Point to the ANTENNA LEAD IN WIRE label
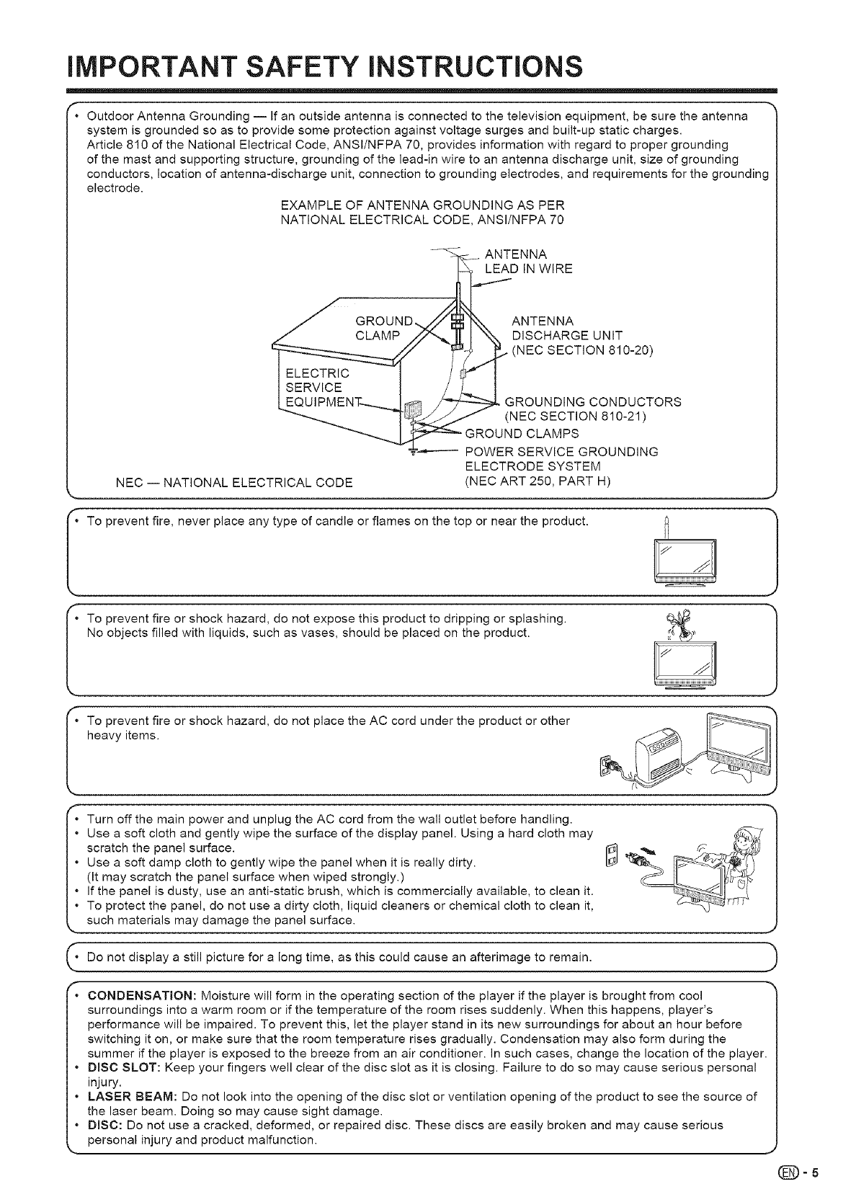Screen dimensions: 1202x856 tap(528, 262)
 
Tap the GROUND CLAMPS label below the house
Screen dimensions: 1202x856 tap(522, 434)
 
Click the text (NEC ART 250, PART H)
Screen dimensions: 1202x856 tap(538, 481)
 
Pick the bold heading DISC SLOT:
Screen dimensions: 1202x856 tap(121, 1067)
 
